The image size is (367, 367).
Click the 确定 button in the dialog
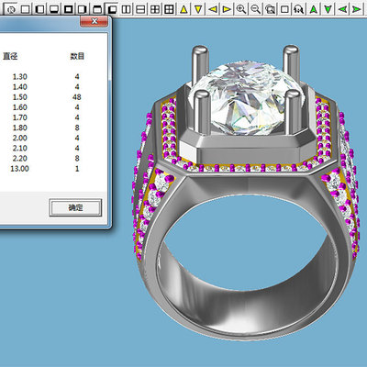pyautogui.click(x=74, y=208)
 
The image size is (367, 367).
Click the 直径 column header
pyautogui.click(x=8, y=56)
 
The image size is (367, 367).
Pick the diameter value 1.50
pyautogui.click(x=8, y=95)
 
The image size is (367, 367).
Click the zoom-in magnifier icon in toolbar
pyautogui.click(x=241, y=8)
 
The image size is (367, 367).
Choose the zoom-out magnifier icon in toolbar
pyautogui.click(x=256, y=8)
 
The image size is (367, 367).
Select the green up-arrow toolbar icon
pyautogui.click(x=314, y=8)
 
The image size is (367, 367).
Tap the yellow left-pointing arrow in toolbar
pyautogui.click(x=212, y=8)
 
